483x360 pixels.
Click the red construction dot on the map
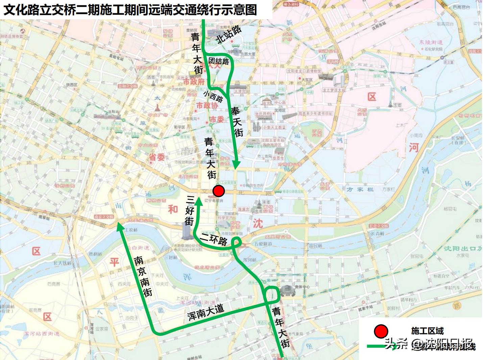point(219,191)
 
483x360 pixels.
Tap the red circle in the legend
point(381,331)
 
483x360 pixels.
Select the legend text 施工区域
point(427,331)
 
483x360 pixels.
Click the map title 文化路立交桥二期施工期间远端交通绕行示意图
point(130,9)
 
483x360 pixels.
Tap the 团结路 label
point(218,61)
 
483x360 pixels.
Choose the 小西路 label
point(213,96)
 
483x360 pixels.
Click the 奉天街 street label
point(237,122)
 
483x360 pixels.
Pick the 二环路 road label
point(214,239)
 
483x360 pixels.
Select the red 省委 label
point(156,157)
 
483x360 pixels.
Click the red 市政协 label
point(207,106)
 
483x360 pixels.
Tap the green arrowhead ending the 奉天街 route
point(236,165)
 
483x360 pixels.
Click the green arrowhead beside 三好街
point(199,200)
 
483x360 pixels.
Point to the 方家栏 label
point(360,190)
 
